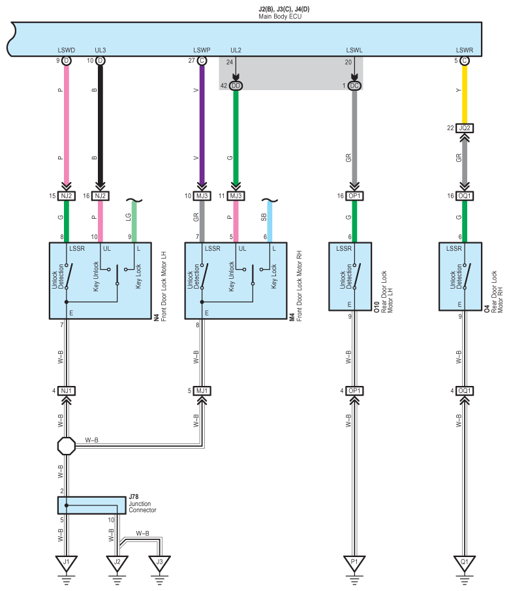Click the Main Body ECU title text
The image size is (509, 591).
click(280, 16)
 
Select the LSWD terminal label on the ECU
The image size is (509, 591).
click(67, 50)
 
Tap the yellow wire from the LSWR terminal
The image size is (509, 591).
click(465, 94)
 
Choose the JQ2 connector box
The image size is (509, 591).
click(465, 128)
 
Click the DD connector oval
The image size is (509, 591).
click(236, 86)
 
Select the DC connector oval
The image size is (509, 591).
click(354, 86)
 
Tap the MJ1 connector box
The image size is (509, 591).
click(202, 391)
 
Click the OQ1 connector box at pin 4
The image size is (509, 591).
click(465, 391)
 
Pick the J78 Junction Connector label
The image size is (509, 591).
click(142, 503)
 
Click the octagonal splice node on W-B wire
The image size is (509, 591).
click(67, 446)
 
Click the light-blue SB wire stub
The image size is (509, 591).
click(270, 221)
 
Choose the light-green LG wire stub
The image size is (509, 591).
click(134, 221)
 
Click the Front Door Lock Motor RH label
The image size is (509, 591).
click(296, 286)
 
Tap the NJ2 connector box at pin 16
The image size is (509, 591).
click(100, 196)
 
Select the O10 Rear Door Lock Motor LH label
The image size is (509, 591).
click(384, 292)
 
